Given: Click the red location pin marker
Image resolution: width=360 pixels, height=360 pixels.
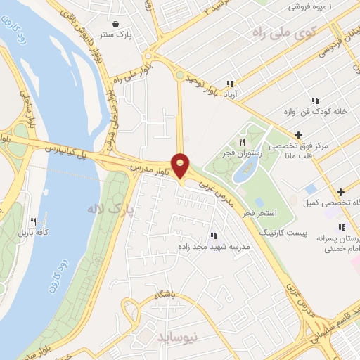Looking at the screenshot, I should pyautogui.click(x=181, y=165).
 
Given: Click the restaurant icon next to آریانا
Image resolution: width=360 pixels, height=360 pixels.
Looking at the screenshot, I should pyautogui.click(x=229, y=84).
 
